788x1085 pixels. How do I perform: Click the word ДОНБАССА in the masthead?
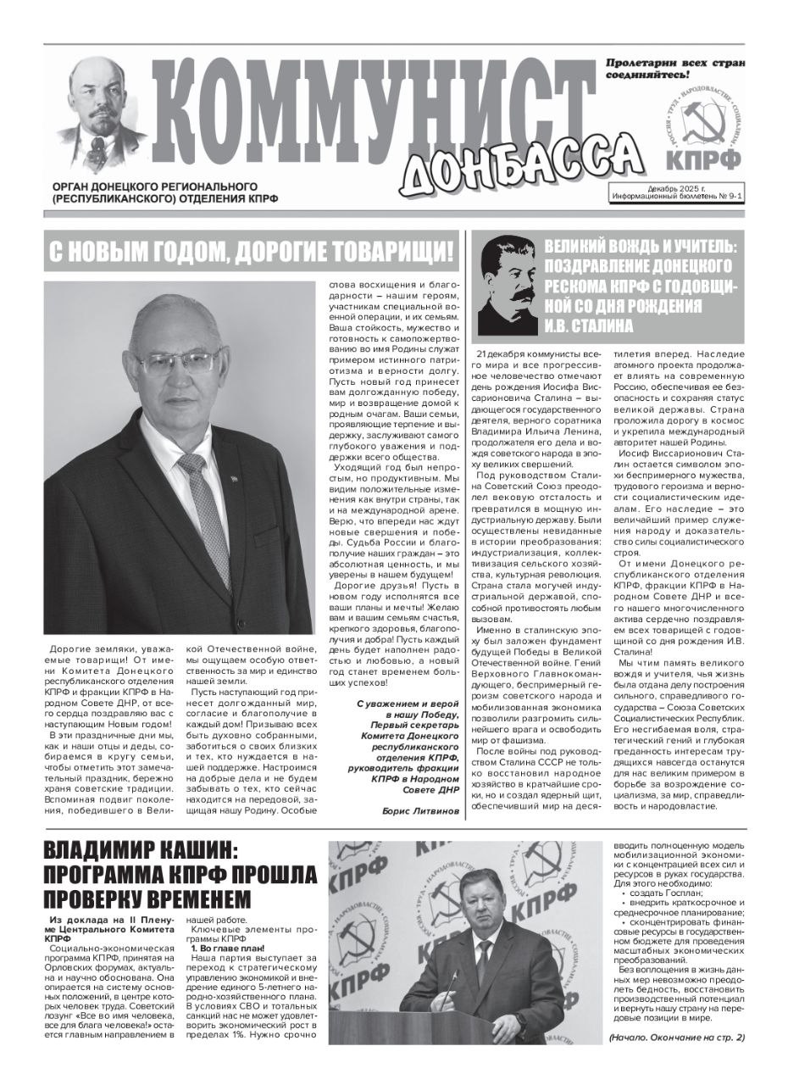click(x=519, y=165)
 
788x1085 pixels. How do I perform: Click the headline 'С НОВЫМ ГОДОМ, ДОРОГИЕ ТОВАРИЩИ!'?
click(x=251, y=251)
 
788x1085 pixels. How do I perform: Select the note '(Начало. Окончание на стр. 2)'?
click(x=676, y=1038)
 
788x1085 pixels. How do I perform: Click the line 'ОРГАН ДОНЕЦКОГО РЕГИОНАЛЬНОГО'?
click(x=154, y=186)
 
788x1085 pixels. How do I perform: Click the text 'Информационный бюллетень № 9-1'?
click(x=677, y=197)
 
